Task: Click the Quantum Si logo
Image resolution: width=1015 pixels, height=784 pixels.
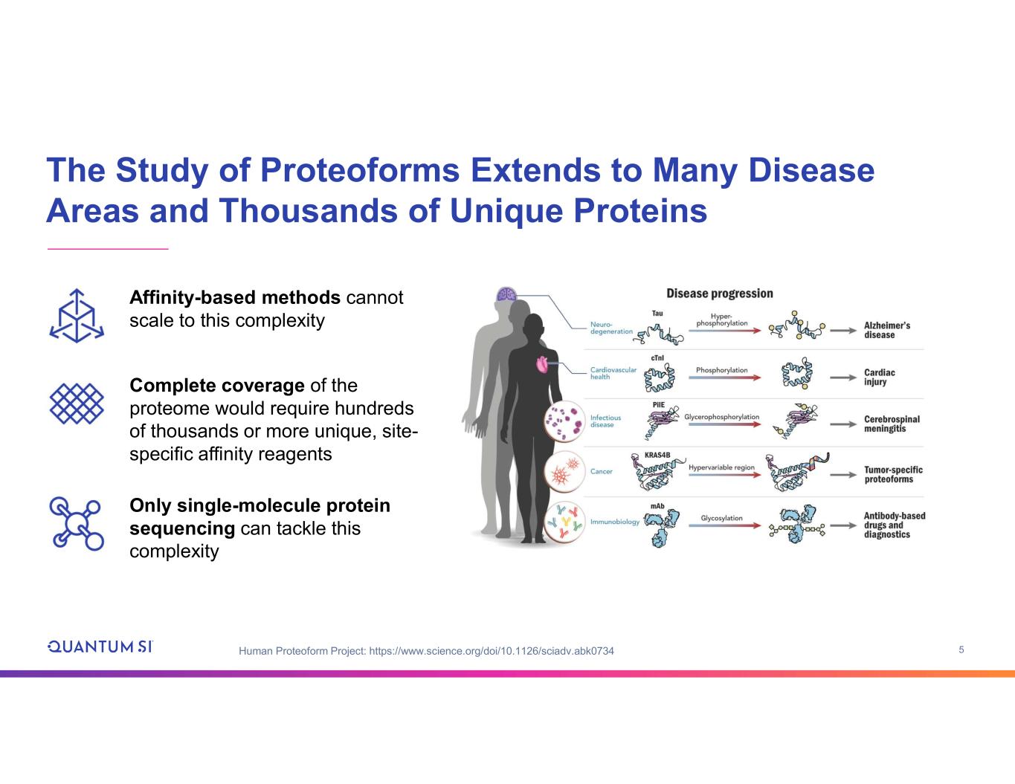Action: tap(100, 646)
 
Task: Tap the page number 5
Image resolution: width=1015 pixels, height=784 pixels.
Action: tap(961, 650)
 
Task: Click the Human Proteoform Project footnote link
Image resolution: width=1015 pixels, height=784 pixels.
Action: tap(426, 652)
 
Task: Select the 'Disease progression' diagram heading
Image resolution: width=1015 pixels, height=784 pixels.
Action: tap(719, 294)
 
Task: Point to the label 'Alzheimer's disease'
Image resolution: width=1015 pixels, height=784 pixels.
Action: tap(886, 330)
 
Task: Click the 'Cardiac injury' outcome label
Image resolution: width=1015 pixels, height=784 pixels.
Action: tap(879, 377)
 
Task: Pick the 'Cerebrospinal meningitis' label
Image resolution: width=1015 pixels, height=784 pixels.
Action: tap(892, 424)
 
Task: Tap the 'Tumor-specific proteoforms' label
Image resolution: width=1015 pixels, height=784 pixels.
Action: tap(892, 474)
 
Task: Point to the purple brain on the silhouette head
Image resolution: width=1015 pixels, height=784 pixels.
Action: tap(506, 295)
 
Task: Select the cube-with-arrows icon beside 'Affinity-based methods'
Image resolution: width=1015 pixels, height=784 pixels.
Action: tap(77, 315)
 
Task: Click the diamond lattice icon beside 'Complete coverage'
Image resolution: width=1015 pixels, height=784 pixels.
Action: tap(77, 404)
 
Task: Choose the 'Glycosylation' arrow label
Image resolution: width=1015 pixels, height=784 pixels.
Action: tap(721, 518)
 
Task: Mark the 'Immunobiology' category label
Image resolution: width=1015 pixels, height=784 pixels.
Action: tap(614, 522)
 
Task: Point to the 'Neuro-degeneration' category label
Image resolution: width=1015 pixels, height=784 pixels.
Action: tap(611, 328)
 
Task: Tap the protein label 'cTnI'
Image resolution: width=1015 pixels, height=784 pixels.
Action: tap(657, 358)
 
